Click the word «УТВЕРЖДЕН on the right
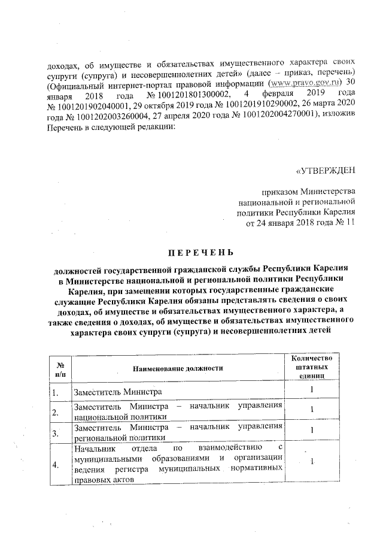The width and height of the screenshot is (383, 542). click(326, 169)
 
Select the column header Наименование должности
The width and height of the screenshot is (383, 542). click(178, 368)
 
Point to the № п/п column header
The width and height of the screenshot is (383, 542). click(59, 368)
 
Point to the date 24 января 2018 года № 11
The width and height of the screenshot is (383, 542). click(301, 223)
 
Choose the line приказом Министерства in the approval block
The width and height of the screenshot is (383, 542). click(309, 192)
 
